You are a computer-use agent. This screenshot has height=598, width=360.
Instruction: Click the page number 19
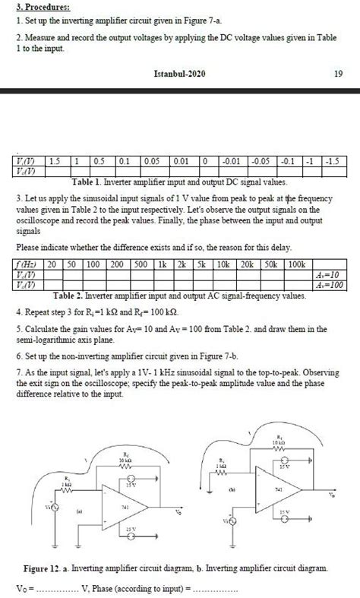coord(339,74)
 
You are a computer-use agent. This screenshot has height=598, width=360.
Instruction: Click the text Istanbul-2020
coord(180,74)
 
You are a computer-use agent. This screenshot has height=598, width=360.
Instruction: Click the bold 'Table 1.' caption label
coord(90,183)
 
